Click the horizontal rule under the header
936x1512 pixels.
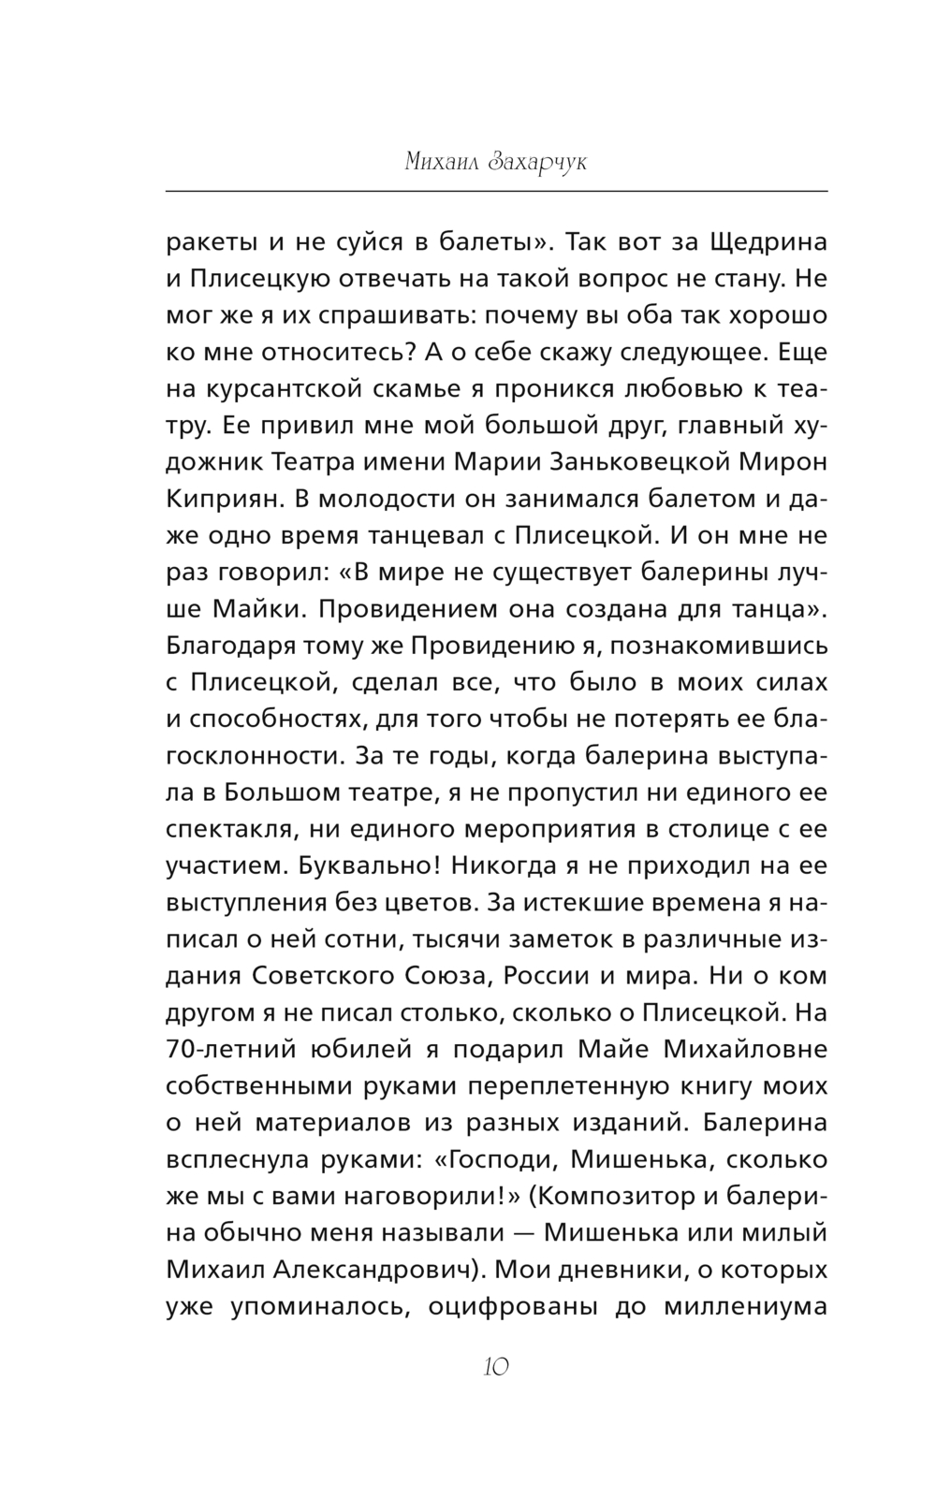[496, 192]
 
